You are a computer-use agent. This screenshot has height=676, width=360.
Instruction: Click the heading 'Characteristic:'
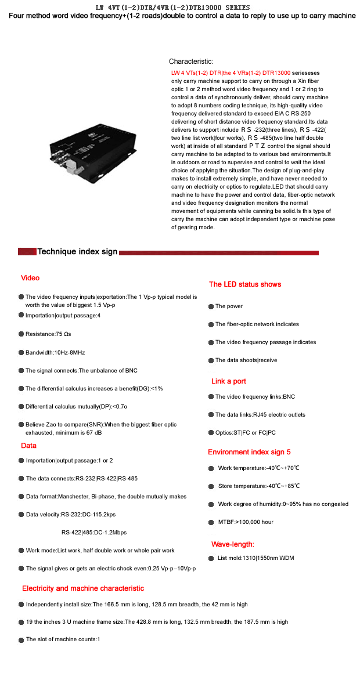[191, 62]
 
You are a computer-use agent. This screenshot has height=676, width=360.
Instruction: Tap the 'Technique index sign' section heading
[77, 252]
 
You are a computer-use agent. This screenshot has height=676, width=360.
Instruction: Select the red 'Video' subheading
[30, 278]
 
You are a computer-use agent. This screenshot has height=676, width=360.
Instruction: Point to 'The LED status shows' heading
[245, 284]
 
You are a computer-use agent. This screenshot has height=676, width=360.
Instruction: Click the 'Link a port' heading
[229, 381]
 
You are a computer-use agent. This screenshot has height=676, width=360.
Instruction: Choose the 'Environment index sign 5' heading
[249, 452]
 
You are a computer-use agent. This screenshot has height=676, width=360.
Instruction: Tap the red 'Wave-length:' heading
[232, 544]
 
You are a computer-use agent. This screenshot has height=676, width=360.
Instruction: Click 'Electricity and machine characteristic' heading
[83, 588]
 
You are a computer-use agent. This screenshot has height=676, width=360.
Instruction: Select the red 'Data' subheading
[28, 446]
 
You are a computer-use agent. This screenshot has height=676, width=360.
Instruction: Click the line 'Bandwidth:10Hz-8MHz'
[55, 352]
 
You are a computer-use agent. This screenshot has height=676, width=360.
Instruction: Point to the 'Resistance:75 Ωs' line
[48, 334]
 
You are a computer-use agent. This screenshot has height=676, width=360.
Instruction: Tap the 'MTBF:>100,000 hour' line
[246, 522]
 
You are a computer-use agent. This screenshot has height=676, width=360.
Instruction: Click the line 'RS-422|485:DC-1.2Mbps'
[94, 532]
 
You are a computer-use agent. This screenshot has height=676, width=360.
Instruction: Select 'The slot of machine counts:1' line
[63, 639]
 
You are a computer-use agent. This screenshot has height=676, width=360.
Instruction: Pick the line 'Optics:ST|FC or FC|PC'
[245, 433]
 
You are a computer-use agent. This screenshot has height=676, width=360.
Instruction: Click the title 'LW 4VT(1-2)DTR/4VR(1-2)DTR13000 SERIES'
[172, 8]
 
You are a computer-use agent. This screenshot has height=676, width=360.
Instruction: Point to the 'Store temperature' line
[259, 486]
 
